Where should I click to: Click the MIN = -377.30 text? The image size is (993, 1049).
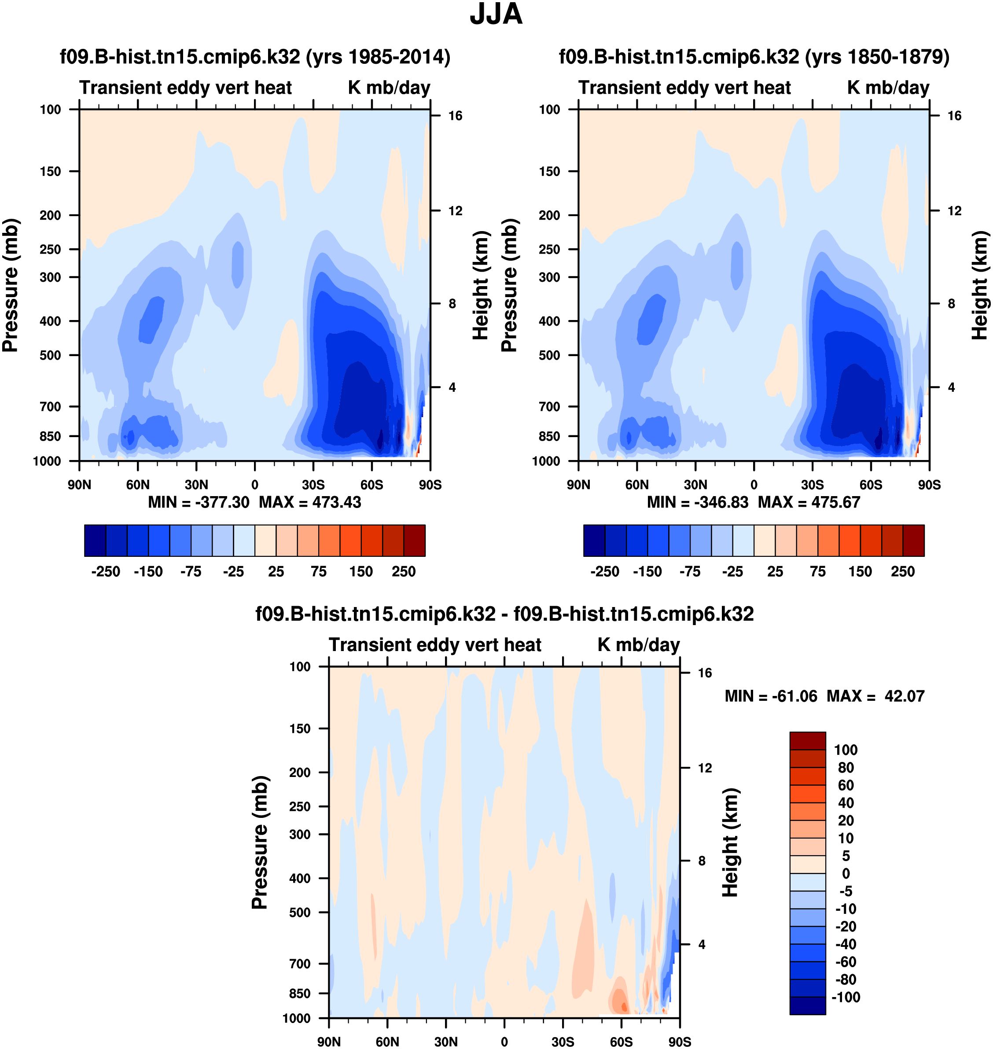[199, 502]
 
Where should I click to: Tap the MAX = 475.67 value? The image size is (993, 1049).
[809, 502]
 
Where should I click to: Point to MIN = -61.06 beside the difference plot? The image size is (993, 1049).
[771, 696]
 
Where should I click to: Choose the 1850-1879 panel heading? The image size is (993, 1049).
[754, 57]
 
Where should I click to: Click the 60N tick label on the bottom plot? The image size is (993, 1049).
[387, 1042]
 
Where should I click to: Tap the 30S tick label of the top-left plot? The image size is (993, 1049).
[313, 485]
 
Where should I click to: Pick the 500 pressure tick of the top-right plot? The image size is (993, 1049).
[549, 355]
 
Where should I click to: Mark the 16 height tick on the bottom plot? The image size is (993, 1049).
[705, 673]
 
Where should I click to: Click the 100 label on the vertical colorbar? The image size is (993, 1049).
[845, 750]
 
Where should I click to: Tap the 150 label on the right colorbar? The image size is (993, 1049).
[860, 572]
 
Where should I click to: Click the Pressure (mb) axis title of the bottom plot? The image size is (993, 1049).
[260, 843]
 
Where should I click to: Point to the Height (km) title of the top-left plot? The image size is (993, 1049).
[480, 285]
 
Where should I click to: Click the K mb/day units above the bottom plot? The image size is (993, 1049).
[638, 644]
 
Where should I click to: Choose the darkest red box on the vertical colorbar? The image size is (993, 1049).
[807, 740]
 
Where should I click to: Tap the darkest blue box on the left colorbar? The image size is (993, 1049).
[95, 541]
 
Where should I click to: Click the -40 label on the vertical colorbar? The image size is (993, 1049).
[845, 944]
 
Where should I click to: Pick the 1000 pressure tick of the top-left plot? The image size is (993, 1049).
[47, 461]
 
